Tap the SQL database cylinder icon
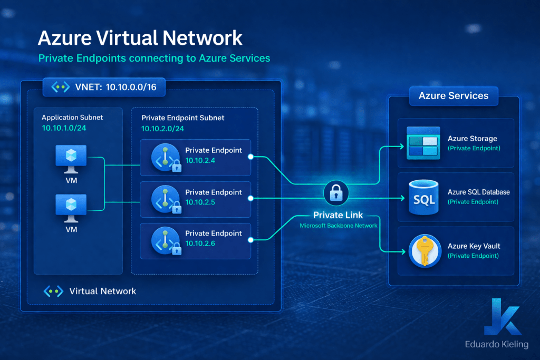(423, 198)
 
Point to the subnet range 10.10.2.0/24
(162, 128)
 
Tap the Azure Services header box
(454, 96)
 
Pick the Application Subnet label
(72, 118)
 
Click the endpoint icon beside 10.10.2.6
(163, 240)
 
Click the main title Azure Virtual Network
(140, 38)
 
